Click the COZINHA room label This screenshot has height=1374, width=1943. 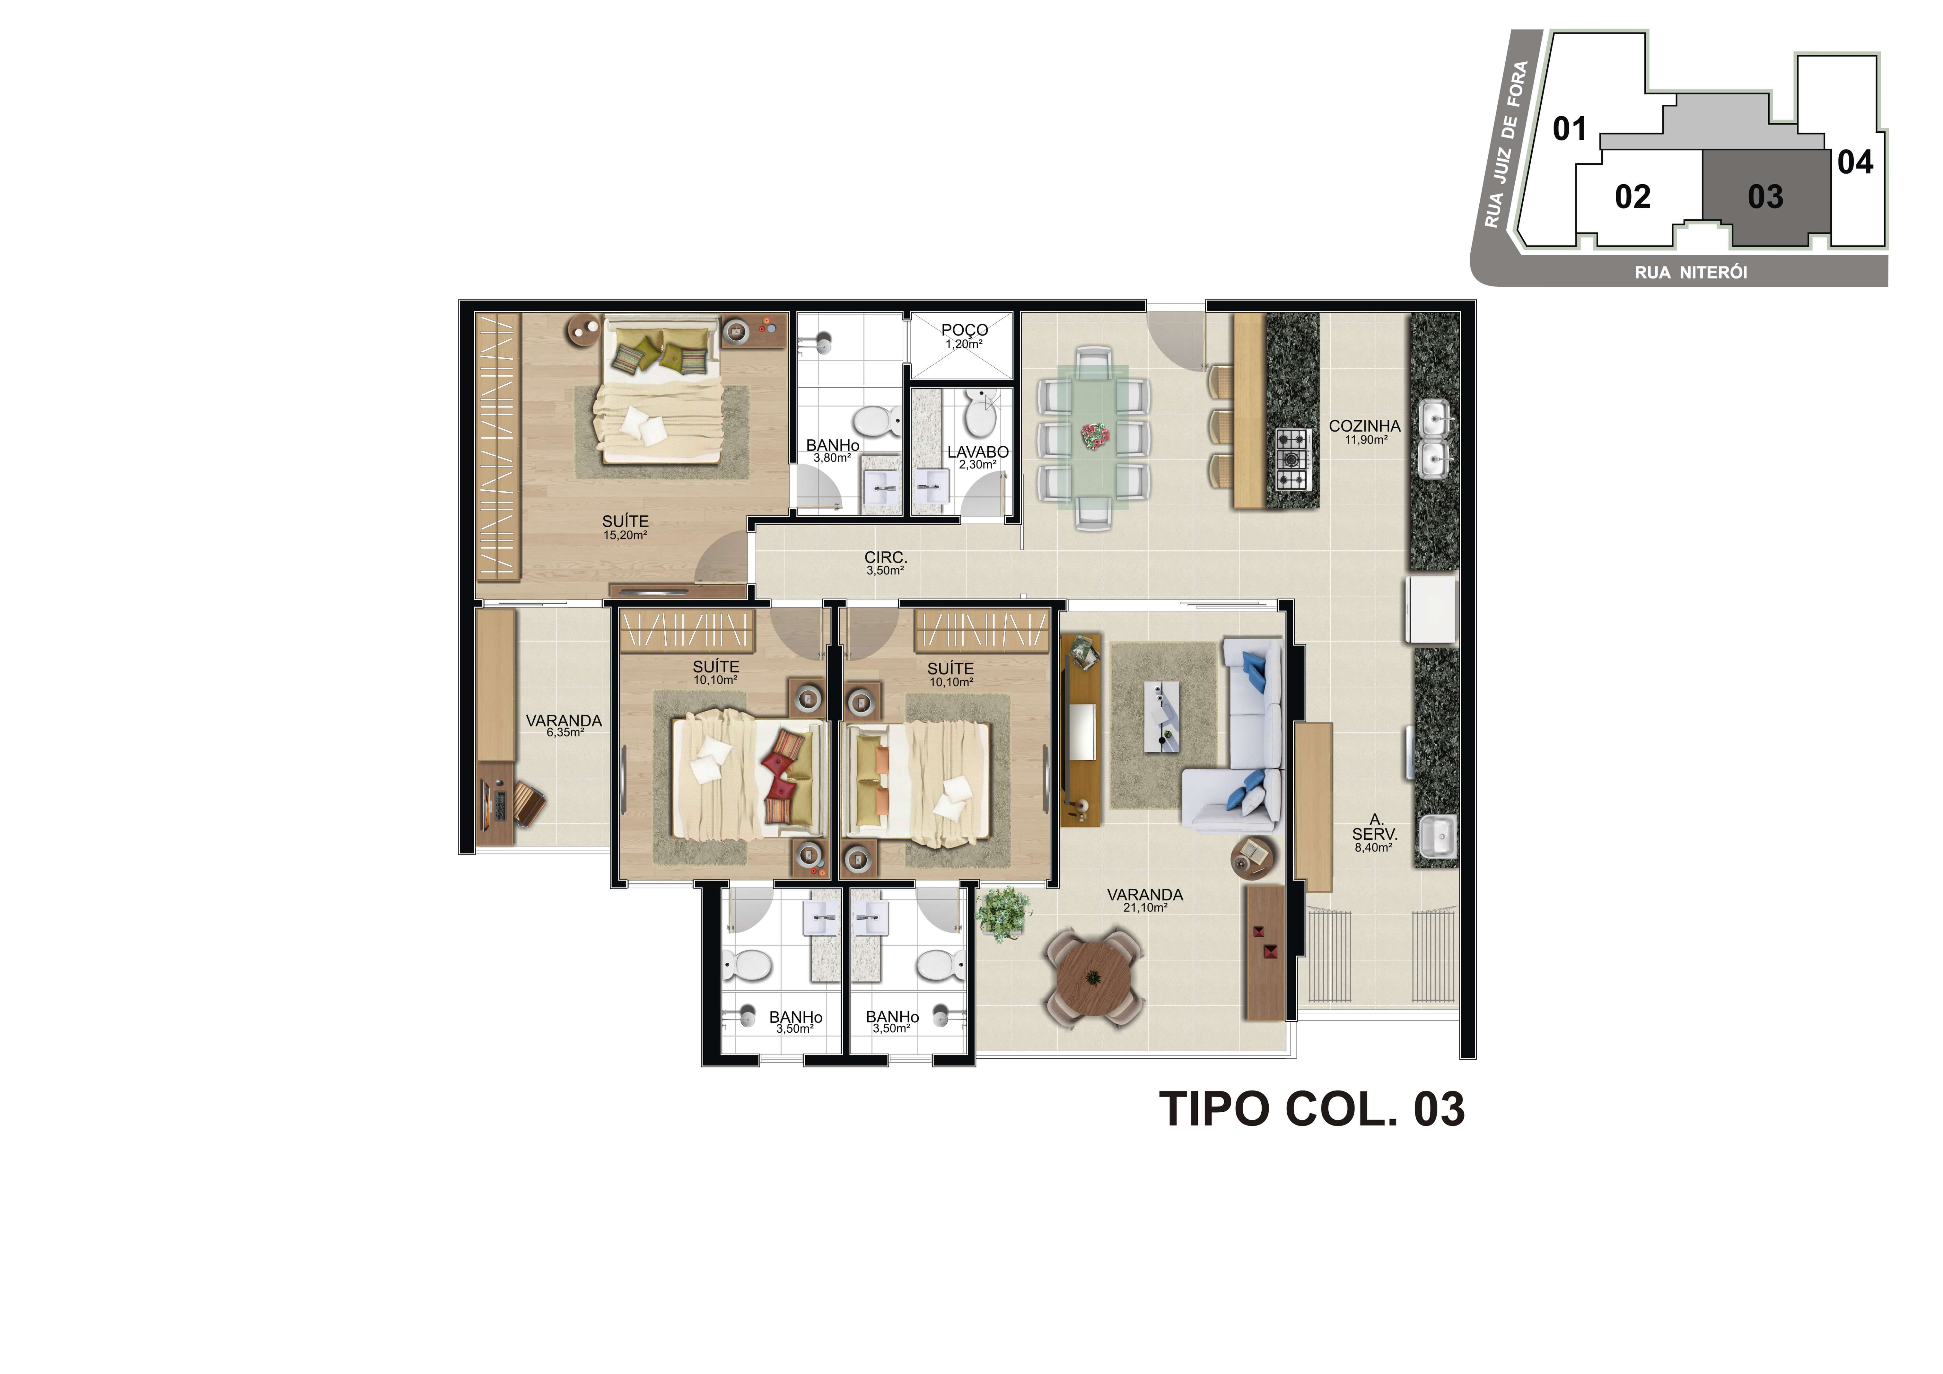coord(1364,426)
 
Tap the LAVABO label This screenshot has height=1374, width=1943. coord(977,453)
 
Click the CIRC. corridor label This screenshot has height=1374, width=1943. coord(885,558)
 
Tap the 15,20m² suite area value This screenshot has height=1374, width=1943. coord(626,536)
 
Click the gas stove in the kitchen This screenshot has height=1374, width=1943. coord(1292,459)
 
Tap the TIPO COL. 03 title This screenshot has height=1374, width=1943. coord(1311,1109)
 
